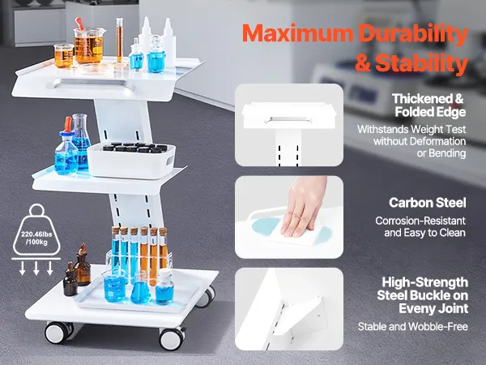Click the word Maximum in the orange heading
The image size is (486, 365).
coord(297,33)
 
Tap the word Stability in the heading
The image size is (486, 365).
coord(421,63)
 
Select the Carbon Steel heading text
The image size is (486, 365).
coord(428,203)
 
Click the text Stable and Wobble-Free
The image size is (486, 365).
coord(412,327)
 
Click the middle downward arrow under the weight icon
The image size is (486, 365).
coord(36,268)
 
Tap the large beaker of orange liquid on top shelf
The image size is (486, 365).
coord(89,45)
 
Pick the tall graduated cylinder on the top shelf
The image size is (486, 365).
coord(120,43)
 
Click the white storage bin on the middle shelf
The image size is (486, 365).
coord(131,161)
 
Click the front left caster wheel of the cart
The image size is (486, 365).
coord(59,333)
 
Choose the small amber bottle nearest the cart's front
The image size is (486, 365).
coord(70,280)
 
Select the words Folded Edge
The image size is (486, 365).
coord(430,112)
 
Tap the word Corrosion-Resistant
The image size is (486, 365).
coord(420,221)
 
